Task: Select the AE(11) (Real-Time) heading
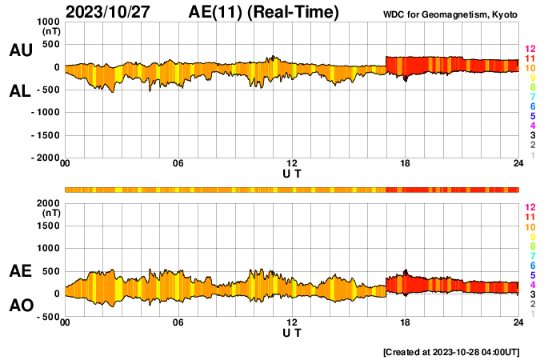(264, 12)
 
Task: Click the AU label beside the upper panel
(20, 50)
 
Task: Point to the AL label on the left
(20, 91)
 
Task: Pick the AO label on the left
(20, 306)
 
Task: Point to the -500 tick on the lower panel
(47, 317)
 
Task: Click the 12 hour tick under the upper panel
(292, 164)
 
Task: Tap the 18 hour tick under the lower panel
(405, 322)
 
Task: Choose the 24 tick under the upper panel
(518, 164)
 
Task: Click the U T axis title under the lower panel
(292, 332)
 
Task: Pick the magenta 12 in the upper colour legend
(529, 50)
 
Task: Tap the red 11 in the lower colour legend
(529, 217)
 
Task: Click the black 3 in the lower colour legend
(531, 294)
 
